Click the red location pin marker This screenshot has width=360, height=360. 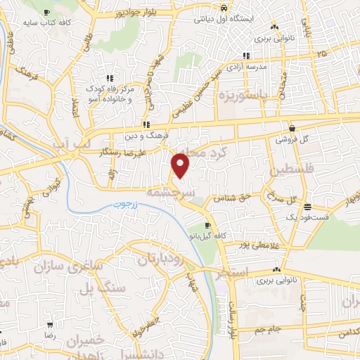(181, 166)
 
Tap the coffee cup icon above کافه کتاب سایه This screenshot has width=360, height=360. (46, 13)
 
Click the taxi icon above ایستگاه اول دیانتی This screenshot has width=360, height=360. (223, 8)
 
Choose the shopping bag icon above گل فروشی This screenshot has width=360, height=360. (291, 128)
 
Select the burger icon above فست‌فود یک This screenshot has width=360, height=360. (307, 207)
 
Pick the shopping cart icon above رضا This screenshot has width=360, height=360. (50, 326)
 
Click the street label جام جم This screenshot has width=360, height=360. (269, 330)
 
